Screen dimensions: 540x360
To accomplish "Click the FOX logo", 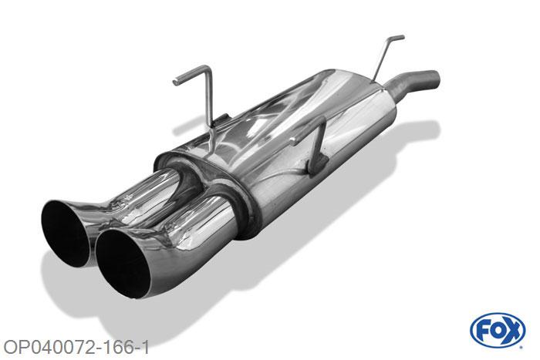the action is point(498,331).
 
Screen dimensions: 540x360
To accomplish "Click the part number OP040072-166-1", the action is point(76,348).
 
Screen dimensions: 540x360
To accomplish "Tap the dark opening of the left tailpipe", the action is point(64,234).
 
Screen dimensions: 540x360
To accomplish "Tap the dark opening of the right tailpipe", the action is point(123,264).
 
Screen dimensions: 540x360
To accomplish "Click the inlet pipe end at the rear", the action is point(434,79).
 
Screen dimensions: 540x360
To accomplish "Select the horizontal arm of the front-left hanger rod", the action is point(191,74).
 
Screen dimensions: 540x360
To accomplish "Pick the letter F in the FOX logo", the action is point(482,331).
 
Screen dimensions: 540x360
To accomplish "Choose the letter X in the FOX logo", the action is point(513,331).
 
